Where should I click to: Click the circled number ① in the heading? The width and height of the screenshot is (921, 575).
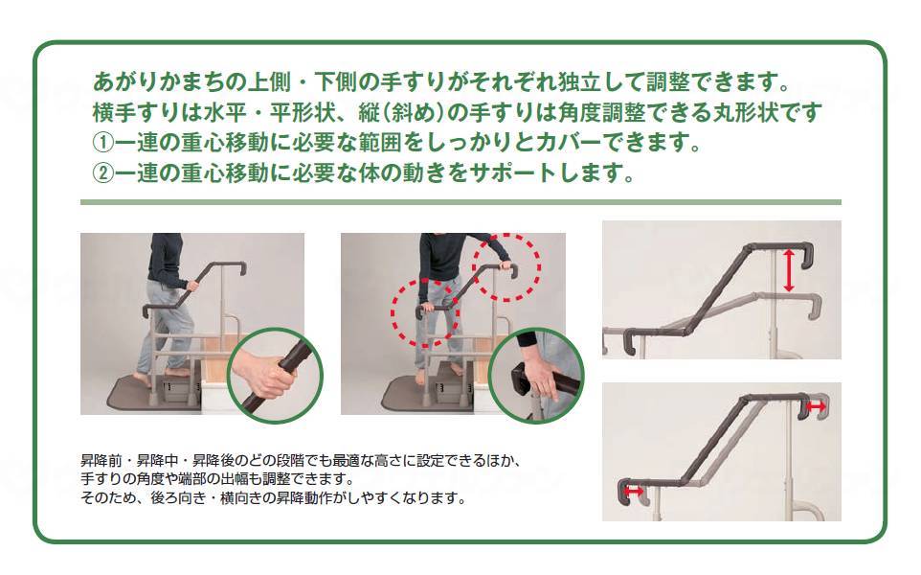point(103,144)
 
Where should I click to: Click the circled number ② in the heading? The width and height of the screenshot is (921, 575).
point(103,174)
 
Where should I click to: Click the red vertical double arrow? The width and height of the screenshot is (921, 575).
point(789,270)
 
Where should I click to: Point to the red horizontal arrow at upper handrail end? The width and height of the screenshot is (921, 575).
point(817,407)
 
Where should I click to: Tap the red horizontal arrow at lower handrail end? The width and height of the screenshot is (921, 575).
point(635,492)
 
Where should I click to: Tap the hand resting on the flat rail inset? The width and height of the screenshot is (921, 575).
point(543,379)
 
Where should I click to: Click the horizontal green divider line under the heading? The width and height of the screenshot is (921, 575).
point(460,202)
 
